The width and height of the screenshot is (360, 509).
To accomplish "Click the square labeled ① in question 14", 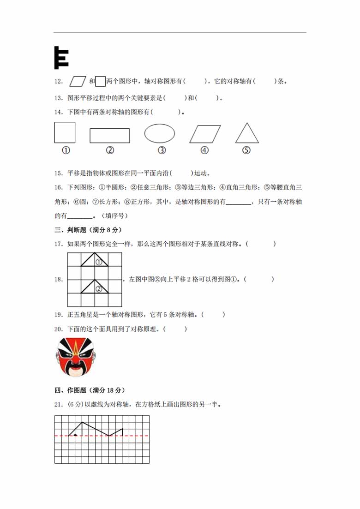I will [x=65, y=132].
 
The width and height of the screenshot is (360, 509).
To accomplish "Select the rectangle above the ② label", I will [x=109, y=136].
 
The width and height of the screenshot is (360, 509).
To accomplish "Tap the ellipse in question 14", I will [x=160, y=133].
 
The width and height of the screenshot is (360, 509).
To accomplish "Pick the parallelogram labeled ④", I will [x=205, y=133].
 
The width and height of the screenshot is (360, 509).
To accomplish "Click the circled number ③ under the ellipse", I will [x=162, y=150].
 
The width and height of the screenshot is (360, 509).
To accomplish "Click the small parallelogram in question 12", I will [x=78, y=81].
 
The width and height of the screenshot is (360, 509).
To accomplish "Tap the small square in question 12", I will [x=100, y=81].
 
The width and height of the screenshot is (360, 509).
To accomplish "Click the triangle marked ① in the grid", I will [x=95, y=261].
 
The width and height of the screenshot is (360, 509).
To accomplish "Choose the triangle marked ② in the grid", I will [x=95, y=287].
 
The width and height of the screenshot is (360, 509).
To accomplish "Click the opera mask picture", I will [x=75, y=356].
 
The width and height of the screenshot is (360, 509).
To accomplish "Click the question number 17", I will [x=58, y=244].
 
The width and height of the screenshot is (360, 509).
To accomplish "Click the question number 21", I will [x=58, y=405].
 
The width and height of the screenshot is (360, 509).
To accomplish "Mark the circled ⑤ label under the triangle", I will [x=246, y=150].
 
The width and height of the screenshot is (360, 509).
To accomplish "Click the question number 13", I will [x=58, y=97].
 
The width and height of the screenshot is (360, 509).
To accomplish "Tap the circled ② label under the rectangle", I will [x=110, y=150].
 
